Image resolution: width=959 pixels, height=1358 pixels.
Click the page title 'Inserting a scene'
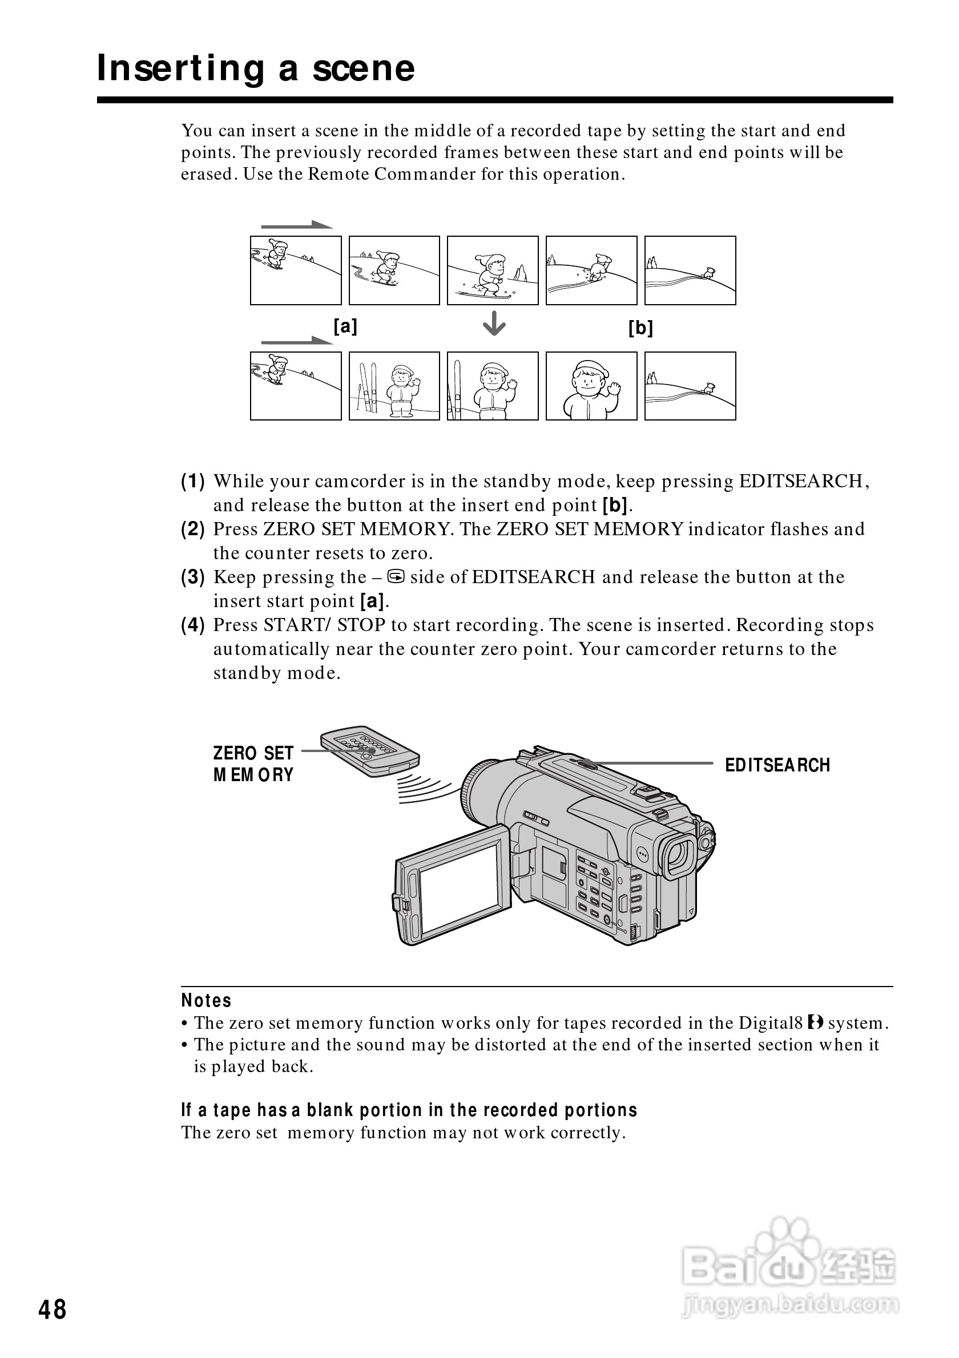256,68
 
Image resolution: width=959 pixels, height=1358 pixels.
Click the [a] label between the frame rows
345,326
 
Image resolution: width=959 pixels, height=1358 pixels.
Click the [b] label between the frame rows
640,327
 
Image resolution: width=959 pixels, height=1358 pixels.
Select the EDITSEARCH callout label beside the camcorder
777,765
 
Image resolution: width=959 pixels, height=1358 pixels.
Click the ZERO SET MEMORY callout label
253,763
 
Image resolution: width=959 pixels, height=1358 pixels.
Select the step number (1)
193,482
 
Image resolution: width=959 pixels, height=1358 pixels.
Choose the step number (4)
193,625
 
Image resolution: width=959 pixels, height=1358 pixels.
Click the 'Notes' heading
206,1001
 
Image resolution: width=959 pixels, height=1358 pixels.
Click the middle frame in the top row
493,270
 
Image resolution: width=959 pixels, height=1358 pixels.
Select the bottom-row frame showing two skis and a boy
394,386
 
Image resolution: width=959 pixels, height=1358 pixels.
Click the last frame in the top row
690,270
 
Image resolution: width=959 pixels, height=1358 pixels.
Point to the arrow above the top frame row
297,225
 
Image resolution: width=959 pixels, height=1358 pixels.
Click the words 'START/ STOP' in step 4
325,625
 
